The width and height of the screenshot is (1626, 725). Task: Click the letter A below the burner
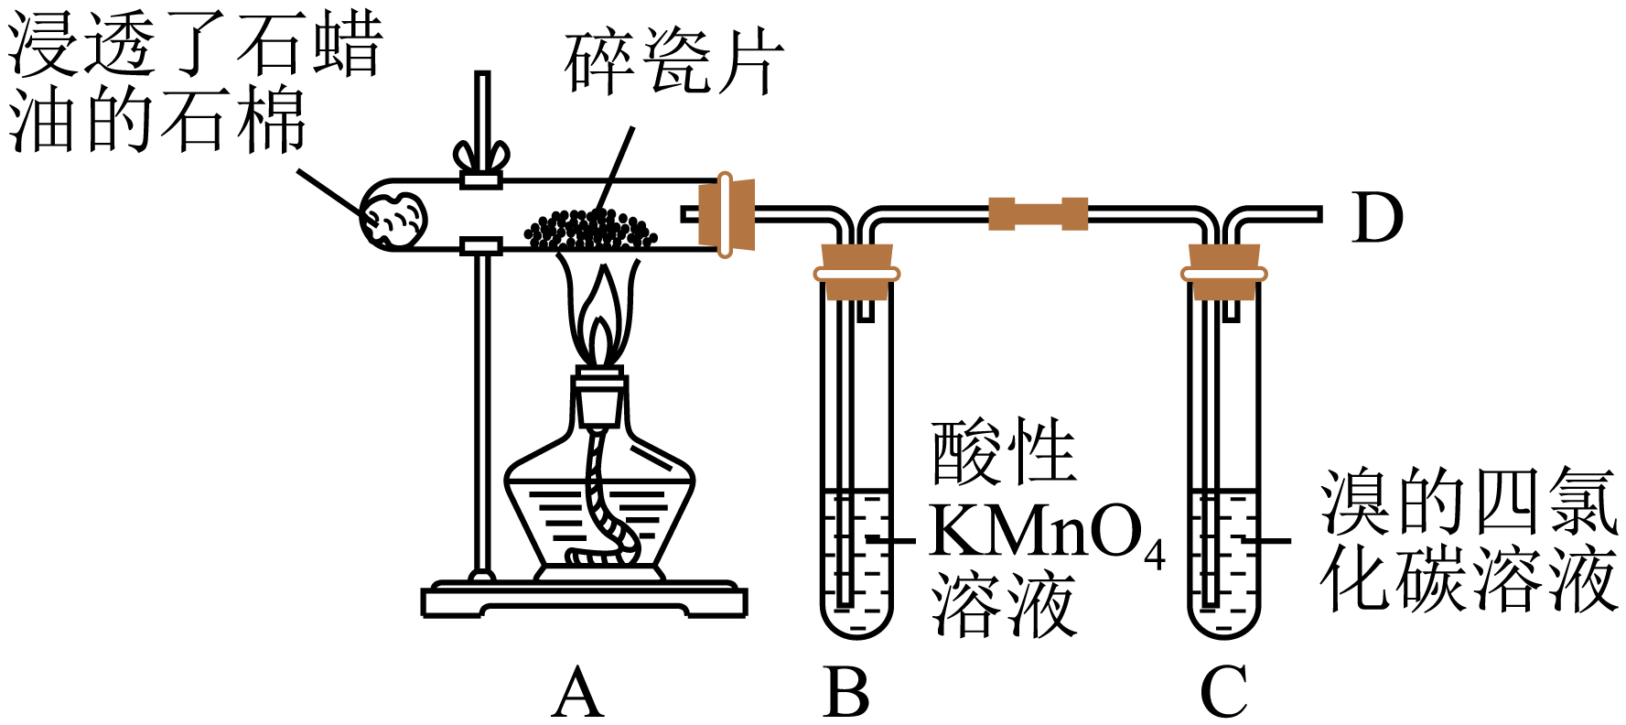[578, 694]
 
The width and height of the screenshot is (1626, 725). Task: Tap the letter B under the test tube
[845, 694]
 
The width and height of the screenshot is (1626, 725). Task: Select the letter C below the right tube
[1223, 694]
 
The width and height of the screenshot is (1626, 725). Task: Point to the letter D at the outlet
[1376, 218]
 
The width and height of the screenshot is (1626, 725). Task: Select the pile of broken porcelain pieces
[590, 230]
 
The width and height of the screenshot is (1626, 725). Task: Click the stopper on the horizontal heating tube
[727, 214]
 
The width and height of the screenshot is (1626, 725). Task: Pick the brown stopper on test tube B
[856, 272]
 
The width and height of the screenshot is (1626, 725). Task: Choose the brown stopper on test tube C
[1223, 272]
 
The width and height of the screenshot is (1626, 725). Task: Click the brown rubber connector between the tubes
[1039, 214]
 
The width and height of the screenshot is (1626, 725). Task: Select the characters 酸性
[1003, 452]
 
